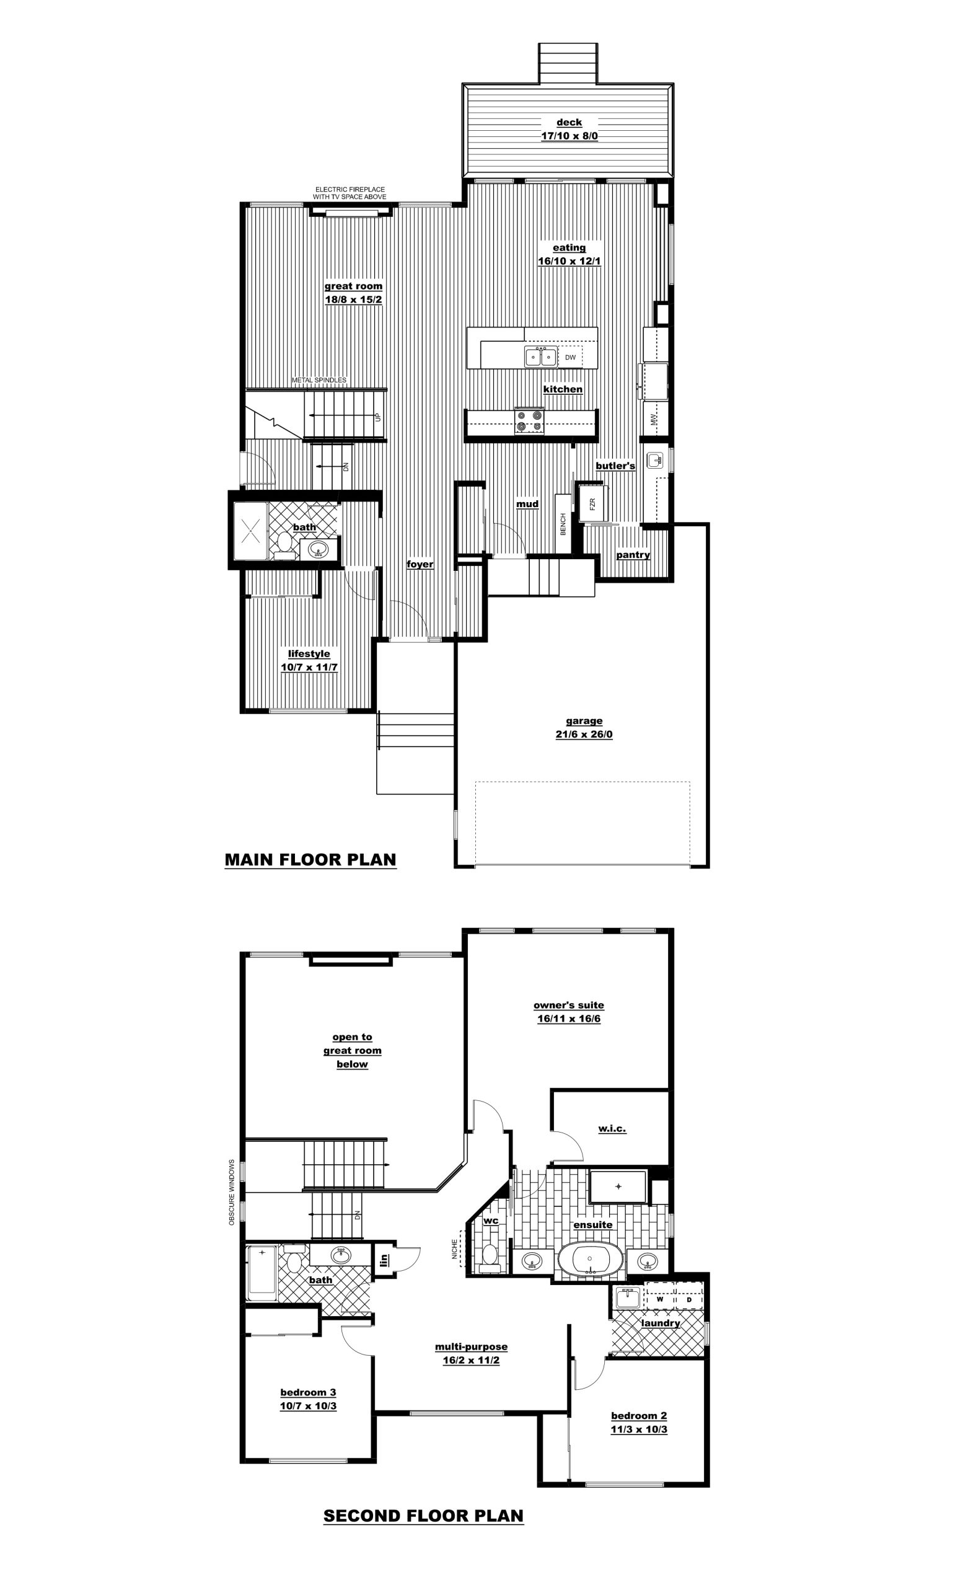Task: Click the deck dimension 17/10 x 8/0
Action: pos(569,136)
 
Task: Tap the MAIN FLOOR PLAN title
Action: pos(310,860)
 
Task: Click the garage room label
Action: pos(584,721)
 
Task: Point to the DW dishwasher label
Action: pos(570,358)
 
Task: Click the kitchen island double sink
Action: pos(541,356)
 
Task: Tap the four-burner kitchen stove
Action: pos(529,420)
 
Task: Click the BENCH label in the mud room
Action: pos(563,524)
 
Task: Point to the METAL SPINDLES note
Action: pos(319,381)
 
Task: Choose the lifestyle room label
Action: pos(309,654)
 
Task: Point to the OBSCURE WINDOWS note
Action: pos(232,1192)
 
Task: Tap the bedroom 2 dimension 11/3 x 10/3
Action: pos(638,1429)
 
